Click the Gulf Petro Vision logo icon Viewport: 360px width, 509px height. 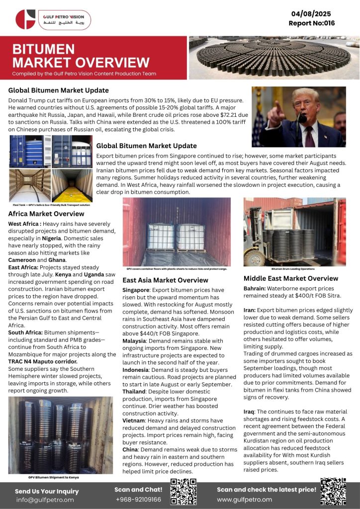coord(25,19)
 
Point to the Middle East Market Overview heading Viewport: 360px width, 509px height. coord(291,278)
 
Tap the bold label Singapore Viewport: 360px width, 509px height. coord(137,289)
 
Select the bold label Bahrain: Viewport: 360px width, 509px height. coord(257,288)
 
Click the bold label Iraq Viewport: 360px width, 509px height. coord(250,412)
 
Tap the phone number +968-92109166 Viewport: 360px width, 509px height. coord(138,499)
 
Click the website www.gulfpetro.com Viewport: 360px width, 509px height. coord(244,499)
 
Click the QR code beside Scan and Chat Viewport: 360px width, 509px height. coord(183,492)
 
